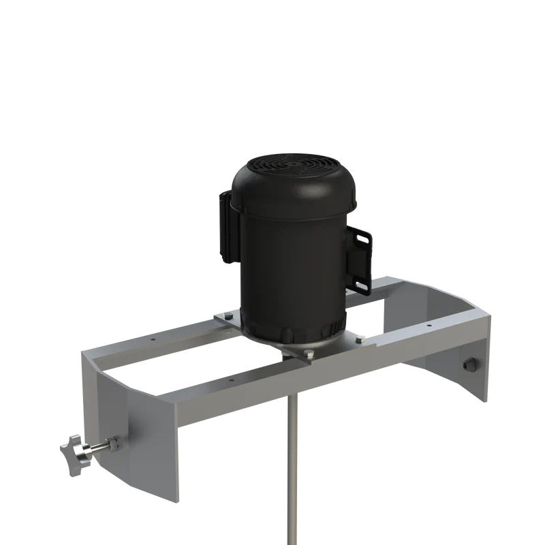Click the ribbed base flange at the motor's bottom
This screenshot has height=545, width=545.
coord(293,334)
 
